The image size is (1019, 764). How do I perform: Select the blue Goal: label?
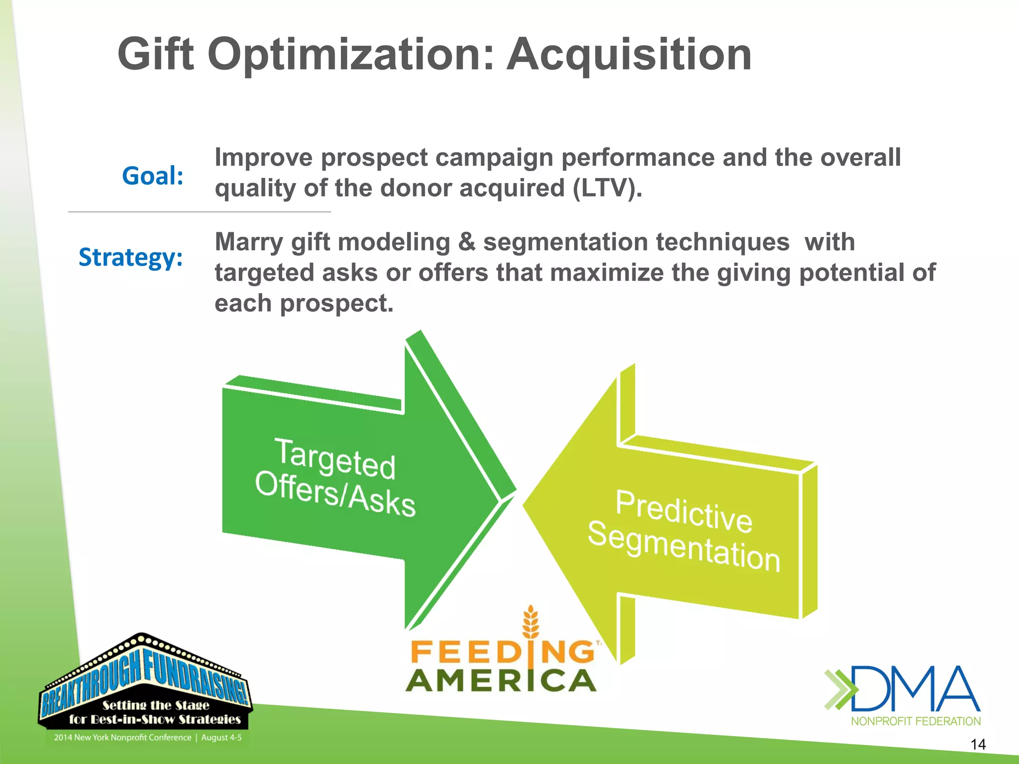point(153,176)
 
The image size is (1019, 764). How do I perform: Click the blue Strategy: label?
point(131,257)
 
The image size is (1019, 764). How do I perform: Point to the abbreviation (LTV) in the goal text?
point(607,189)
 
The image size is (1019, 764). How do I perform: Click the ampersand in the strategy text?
point(466,243)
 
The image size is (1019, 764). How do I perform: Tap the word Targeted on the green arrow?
point(334,458)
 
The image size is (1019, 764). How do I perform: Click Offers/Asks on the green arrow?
point(334,494)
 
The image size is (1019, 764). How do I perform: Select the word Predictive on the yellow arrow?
point(684,511)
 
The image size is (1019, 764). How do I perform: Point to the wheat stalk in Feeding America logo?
point(531,622)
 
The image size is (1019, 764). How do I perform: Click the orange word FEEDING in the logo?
point(503,652)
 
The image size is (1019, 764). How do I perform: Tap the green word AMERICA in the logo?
point(501,681)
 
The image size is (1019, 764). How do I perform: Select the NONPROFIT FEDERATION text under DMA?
point(916,721)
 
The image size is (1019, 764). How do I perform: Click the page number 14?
point(978,744)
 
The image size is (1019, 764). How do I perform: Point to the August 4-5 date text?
point(221,738)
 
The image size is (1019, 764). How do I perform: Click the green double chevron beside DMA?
point(840,689)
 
